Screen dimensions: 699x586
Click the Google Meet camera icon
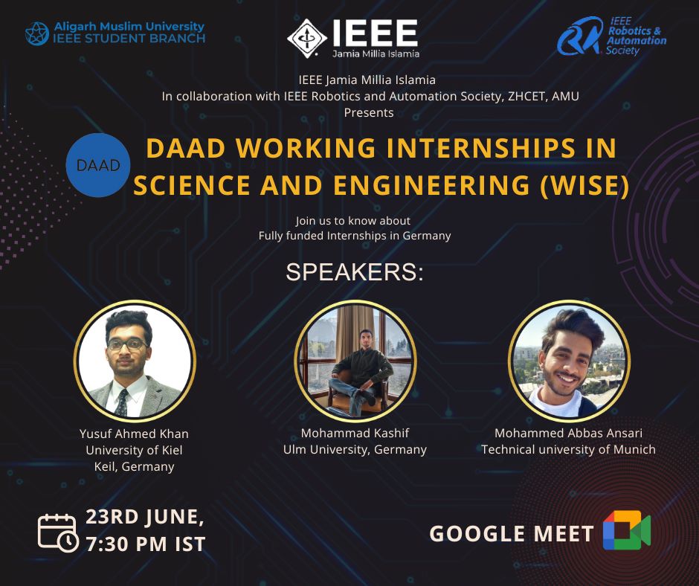(x=627, y=529)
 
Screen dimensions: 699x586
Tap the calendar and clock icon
(x=58, y=533)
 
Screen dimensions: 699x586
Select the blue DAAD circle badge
(x=98, y=165)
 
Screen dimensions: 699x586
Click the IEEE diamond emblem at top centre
(x=307, y=38)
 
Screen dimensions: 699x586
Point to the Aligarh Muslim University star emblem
(x=37, y=33)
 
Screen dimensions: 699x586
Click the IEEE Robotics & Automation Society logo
(x=611, y=36)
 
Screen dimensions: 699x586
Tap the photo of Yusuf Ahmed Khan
(x=135, y=361)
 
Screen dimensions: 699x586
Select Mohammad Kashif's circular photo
(x=355, y=361)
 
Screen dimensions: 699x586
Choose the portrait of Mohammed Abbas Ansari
(x=569, y=361)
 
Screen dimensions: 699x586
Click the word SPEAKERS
(x=355, y=272)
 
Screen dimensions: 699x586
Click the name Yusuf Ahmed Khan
(x=134, y=434)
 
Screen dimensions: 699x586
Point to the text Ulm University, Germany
(x=355, y=449)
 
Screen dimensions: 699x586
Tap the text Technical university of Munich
(x=568, y=449)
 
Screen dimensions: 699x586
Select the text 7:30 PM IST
(x=145, y=544)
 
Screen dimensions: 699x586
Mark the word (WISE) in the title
(x=584, y=185)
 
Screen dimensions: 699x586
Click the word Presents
(x=369, y=112)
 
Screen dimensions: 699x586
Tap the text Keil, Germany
(x=134, y=466)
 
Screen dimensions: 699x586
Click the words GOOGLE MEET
(x=512, y=534)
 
